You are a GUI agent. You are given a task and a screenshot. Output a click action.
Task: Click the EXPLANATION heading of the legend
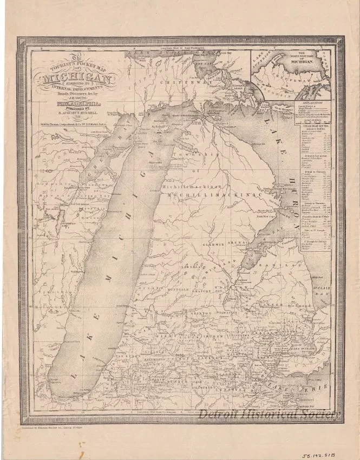pyautogui.click(x=312, y=101)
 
